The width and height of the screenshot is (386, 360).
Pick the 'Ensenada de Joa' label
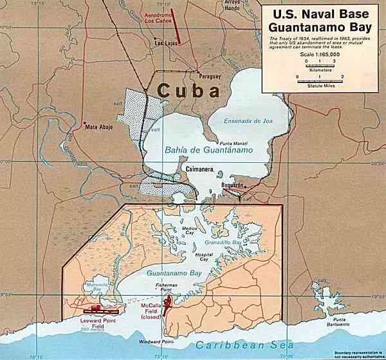click(247, 120)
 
